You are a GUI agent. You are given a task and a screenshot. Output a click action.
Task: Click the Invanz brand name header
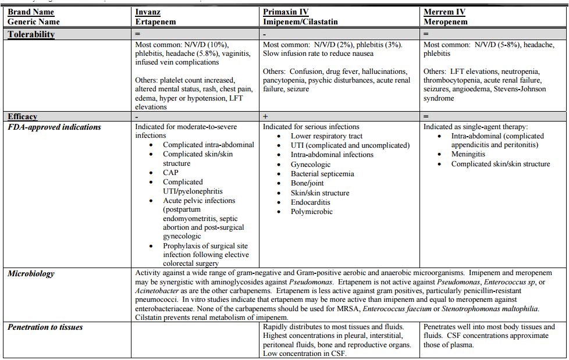[148, 12]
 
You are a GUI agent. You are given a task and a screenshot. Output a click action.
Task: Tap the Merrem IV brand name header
[445, 12]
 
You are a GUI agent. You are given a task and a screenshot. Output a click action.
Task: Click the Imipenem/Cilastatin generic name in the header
[300, 22]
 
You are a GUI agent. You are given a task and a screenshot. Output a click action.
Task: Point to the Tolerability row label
[31, 34]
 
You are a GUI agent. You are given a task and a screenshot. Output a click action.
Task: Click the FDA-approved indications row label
[54, 127]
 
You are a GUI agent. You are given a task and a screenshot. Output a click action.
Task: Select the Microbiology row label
[32, 273]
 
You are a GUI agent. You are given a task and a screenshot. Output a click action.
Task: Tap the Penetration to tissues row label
[45, 327]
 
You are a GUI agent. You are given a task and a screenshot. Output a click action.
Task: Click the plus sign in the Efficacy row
[265, 117]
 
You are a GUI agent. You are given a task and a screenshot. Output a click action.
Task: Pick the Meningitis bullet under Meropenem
[468, 155]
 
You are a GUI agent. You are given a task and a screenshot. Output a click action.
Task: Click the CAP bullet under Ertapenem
[170, 173]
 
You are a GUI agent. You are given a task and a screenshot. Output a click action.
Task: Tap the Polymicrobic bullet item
[312, 212]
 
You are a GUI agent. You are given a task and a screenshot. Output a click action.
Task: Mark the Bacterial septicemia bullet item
[322, 174]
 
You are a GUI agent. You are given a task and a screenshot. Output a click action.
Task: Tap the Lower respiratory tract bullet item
[327, 136]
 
